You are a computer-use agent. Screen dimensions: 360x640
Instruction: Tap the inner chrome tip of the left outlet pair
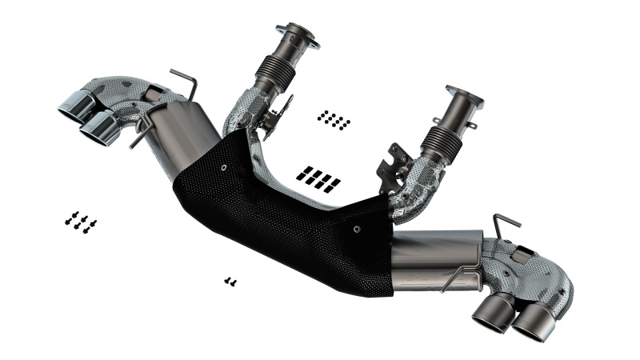click(x=102, y=129)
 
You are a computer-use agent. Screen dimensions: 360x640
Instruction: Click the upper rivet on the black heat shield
click(x=223, y=167)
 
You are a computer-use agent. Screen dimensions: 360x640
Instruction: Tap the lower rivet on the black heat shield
click(x=356, y=227)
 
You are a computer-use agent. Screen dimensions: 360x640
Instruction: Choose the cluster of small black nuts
click(x=333, y=120)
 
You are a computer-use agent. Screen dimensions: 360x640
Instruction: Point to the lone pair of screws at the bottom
click(x=230, y=281)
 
